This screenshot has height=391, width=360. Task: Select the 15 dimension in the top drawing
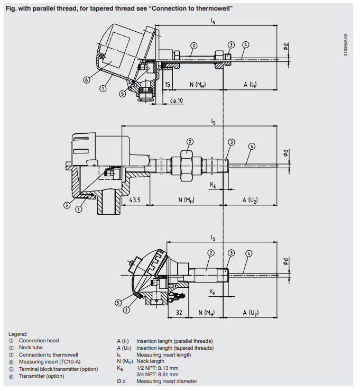click(167, 85)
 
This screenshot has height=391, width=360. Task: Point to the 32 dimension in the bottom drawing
click(179, 313)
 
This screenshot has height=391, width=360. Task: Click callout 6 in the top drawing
click(86, 80)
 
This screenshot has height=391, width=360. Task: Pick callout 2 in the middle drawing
click(190, 142)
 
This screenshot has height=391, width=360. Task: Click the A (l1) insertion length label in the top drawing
click(250, 85)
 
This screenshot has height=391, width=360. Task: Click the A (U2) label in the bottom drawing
click(250, 313)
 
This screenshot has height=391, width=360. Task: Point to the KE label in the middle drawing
click(213, 184)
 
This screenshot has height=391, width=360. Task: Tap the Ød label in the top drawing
click(286, 47)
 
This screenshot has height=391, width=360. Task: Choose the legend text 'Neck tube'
click(31, 348)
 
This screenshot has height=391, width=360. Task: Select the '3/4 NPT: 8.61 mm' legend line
click(158, 374)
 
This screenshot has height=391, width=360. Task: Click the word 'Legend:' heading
click(18, 334)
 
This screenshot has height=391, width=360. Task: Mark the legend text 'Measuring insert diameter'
click(167, 381)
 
